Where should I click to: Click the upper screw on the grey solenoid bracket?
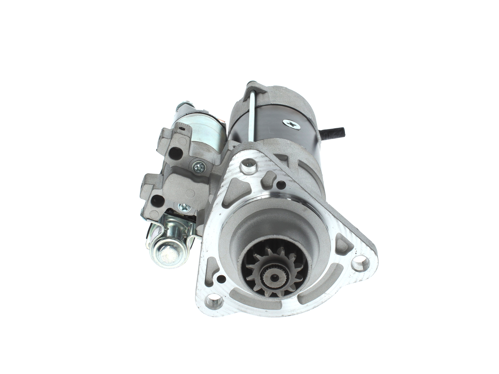point(200,168)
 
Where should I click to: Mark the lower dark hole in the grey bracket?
point(157,201)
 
